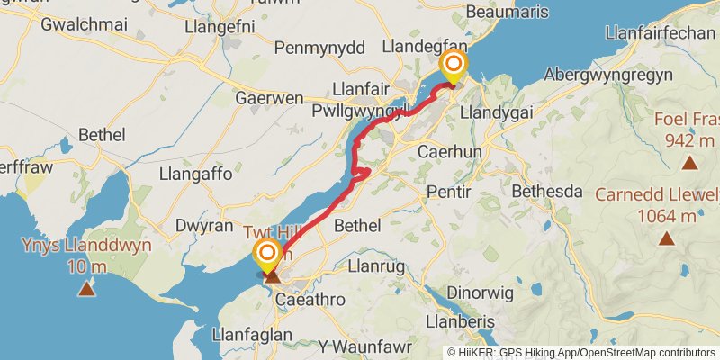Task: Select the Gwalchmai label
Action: click(81, 24)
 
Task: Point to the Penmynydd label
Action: click(319, 48)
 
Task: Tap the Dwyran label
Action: click(204, 226)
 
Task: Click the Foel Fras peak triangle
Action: click(689, 163)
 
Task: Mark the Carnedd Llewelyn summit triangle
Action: click(667, 238)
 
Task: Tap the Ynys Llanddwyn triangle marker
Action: click(86, 289)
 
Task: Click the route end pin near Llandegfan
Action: click(454, 65)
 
